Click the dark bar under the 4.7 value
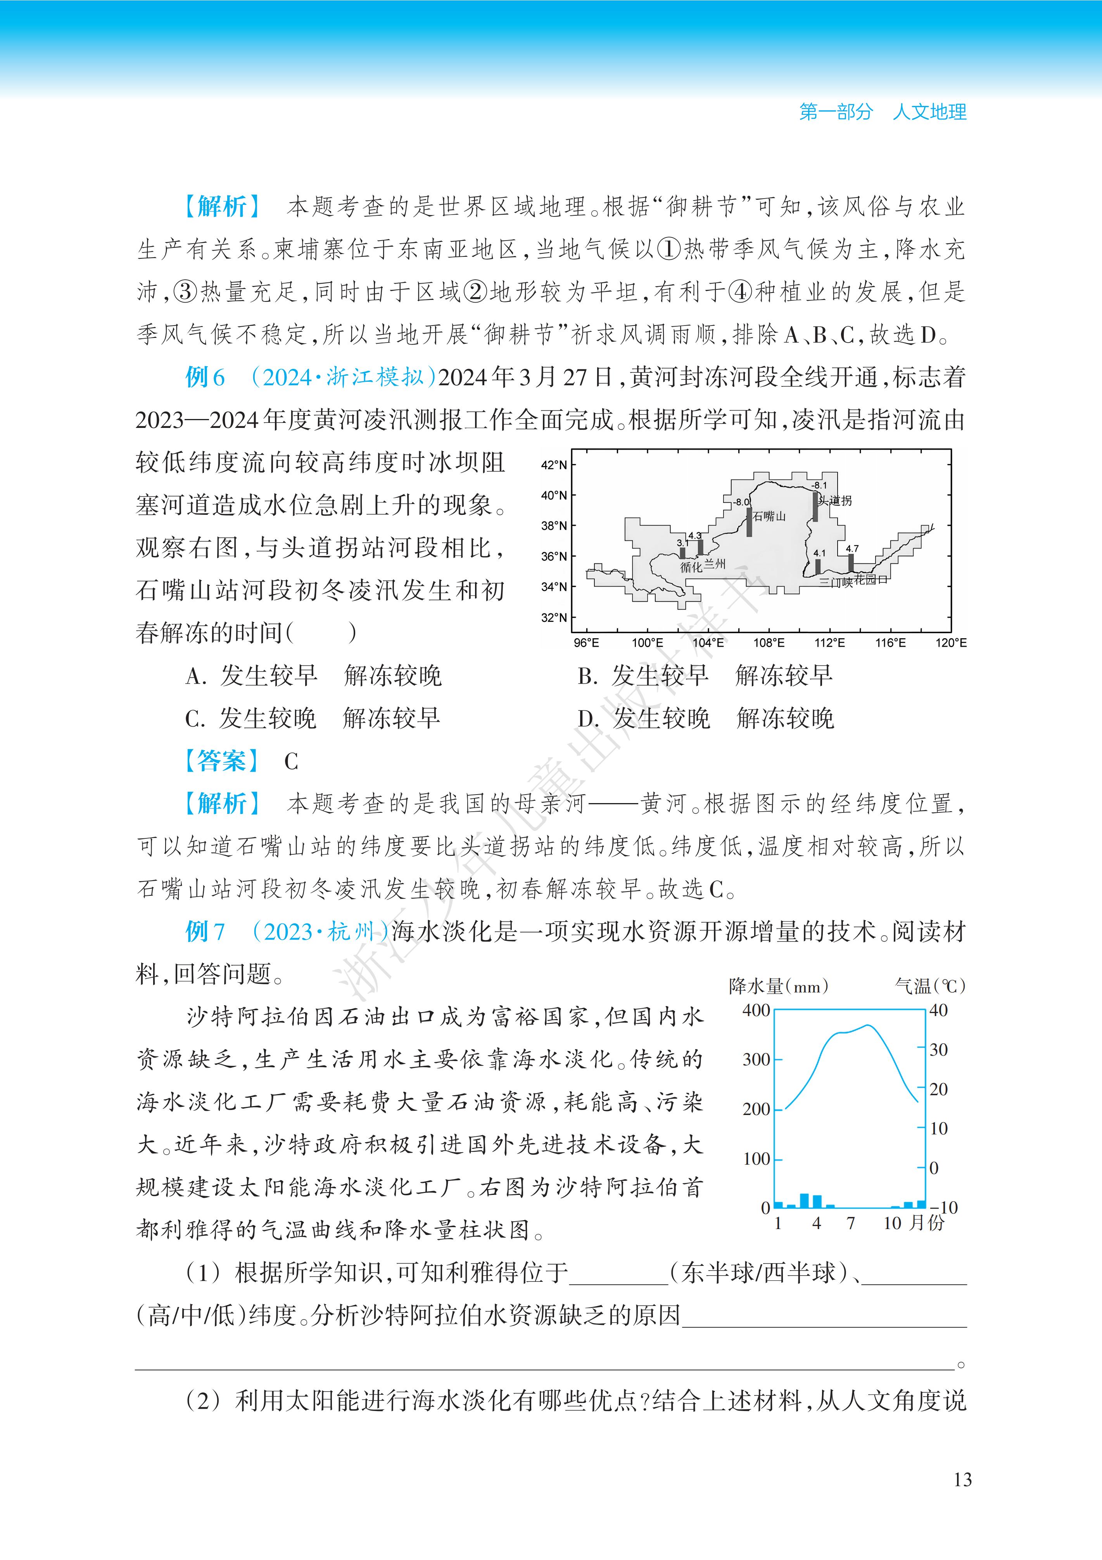(851, 563)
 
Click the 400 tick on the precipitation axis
(756, 1010)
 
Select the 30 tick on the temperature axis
(938, 1050)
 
